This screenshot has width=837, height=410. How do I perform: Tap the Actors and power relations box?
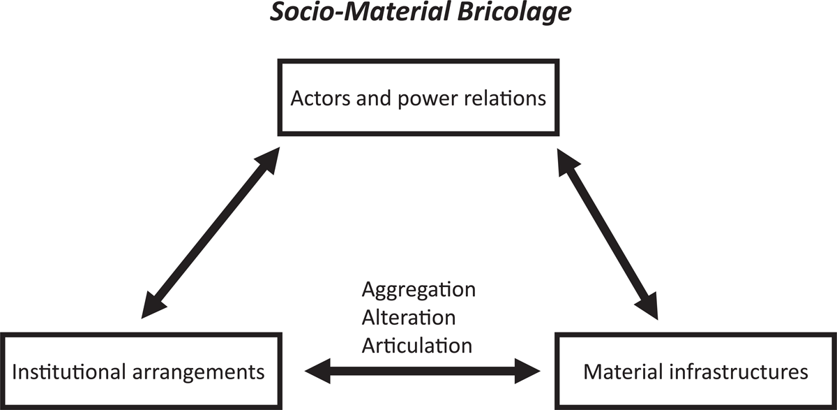tap(418, 98)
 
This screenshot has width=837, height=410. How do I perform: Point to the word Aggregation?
tap(418, 290)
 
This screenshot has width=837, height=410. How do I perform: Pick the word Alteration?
tap(409, 317)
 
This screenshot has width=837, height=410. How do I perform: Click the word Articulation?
tap(416, 344)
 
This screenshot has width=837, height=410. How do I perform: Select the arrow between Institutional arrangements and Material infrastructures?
tap(424, 370)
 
